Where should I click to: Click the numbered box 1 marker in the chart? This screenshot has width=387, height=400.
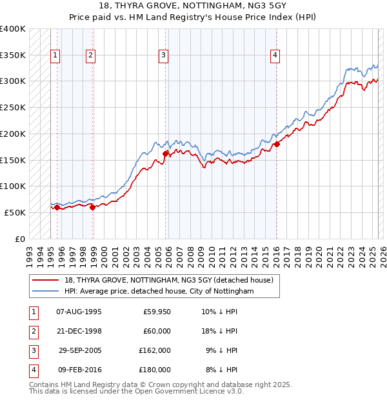pyautogui.click(x=56, y=56)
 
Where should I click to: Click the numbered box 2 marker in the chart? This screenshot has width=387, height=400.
pyautogui.click(x=91, y=56)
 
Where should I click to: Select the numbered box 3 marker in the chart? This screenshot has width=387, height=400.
pyautogui.click(x=164, y=56)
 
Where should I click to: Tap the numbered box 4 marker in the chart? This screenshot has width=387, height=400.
pyautogui.click(x=275, y=56)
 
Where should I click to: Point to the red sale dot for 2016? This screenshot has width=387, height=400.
pyautogui.click(x=277, y=144)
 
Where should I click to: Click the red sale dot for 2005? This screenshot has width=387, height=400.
pyautogui.click(x=166, y=154)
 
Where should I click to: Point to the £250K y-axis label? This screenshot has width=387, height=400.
pyautogui.click(x=13, y=107)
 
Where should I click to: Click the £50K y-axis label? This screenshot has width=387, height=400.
pyautogui.click(x=15, y=212)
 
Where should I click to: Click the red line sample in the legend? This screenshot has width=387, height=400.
pyautogui.click(x=46, y=280)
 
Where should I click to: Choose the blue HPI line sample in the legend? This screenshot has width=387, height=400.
pyautogui.click(x=46, y=292)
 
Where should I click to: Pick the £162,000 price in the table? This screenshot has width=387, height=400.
pyautogui.click(x=155, y=352)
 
